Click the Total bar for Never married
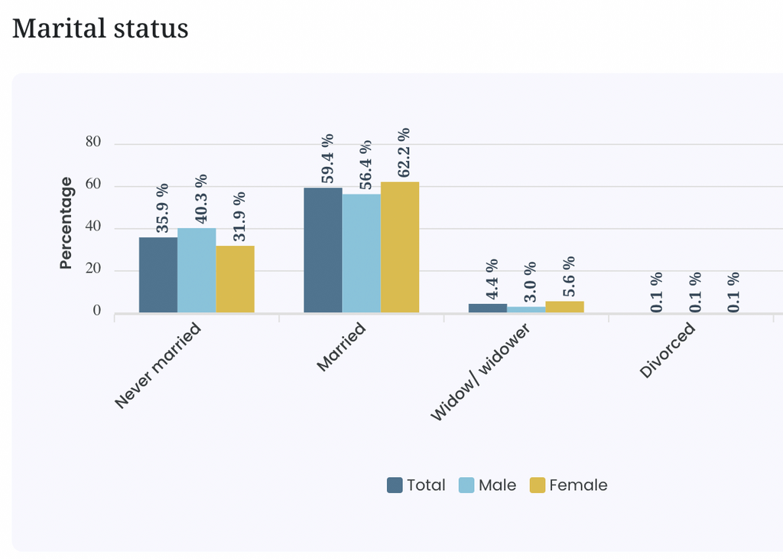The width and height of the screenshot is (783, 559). click(158, 275)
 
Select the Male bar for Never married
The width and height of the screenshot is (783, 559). click(197, 270)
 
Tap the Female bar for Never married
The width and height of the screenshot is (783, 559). click(236, 279)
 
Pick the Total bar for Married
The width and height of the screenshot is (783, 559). click(323, 250)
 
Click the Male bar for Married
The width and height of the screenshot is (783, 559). click(362, 253)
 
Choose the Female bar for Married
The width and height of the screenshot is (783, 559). click(400, 247)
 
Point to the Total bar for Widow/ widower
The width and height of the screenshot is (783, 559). click(488, 309)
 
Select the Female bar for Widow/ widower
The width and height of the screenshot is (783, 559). click(565, 307)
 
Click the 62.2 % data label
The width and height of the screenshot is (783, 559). click(404, 152)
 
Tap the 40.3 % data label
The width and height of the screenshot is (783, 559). click(201, 199)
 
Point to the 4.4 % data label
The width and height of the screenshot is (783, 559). click(492, 279)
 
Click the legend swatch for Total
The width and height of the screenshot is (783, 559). click(395, 485)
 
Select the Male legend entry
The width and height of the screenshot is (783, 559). click(487, 485)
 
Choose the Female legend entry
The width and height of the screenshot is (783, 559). click(569, 485)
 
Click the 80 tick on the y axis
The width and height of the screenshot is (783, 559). click(93, 142)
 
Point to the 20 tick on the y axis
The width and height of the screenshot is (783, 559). click(93, 269)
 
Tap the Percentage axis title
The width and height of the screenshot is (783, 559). click(66, 223)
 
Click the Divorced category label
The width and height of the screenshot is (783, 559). click(667, 350)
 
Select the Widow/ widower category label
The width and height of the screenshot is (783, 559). click(480, 372)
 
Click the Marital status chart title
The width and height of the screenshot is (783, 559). click(100, 28)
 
